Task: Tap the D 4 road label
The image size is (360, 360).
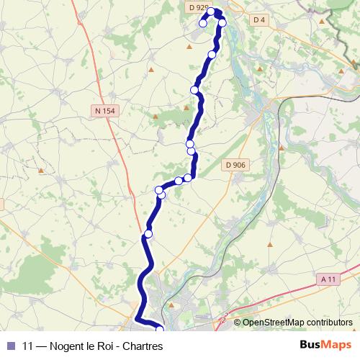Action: point(259,19)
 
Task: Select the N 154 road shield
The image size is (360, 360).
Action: point(104,110)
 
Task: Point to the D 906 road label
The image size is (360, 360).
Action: point(235,165)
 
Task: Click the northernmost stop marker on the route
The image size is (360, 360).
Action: point(212,12)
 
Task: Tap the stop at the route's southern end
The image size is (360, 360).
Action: point(160,330)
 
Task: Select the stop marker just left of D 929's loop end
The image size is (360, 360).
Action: point(203,24)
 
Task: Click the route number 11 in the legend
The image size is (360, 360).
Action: point(28,345)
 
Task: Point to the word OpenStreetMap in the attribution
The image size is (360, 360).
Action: point(274,323)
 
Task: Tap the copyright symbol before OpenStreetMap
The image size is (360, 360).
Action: point(237,323)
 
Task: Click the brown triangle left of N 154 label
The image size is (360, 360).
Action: point(42,171)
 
